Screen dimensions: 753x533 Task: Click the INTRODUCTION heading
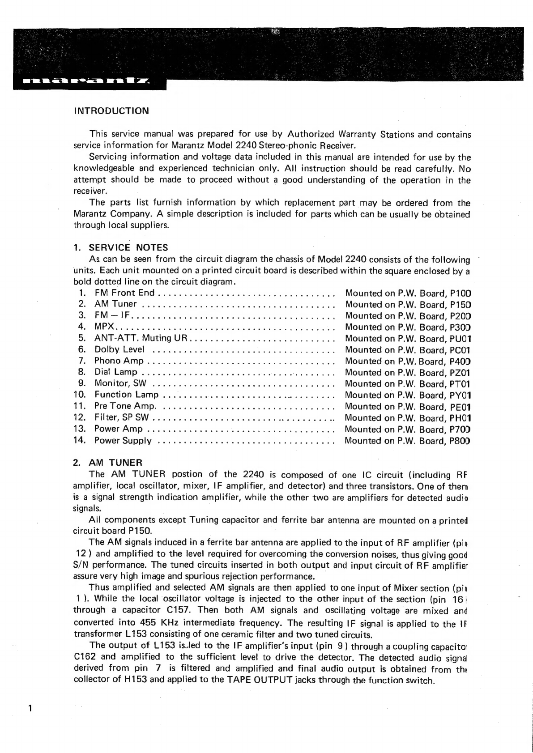[111, 111]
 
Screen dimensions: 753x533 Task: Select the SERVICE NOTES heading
[128, 247]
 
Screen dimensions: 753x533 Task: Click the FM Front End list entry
[124, 293]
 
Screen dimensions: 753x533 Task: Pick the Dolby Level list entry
[119, 349]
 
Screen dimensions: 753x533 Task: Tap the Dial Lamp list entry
[116, 372]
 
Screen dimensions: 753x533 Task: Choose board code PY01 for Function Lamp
[461, 396]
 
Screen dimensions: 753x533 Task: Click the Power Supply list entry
[123, 441]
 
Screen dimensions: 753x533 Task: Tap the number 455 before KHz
[148, 622]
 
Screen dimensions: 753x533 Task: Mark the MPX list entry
[104, 327]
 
